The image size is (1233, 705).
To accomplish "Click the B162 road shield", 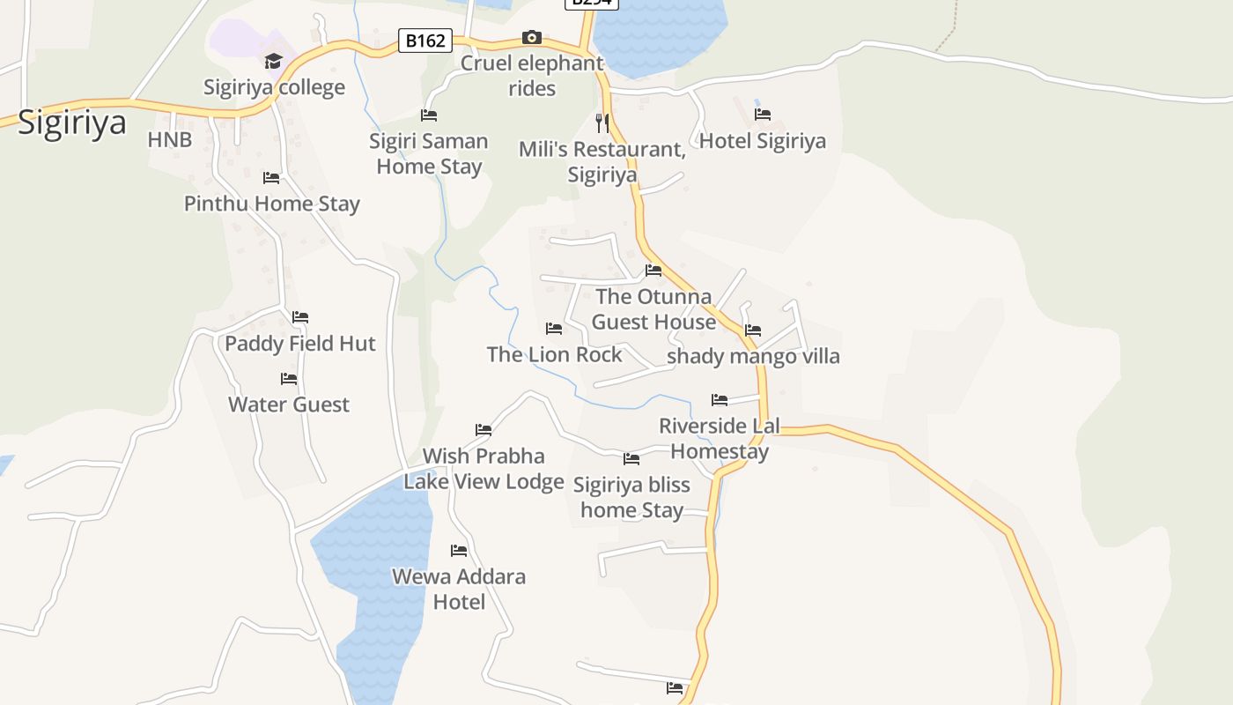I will click(x=425, y=41).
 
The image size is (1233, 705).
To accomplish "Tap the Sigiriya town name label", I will click(x=72, y=122).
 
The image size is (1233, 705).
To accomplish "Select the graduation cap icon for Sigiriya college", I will click(x=273, y=61).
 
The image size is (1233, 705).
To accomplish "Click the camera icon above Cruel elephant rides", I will click(x=531, y=37).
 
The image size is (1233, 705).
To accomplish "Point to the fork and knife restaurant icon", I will click(x=602, y=122).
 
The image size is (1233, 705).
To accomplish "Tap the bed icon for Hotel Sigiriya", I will click(x=763, y=115).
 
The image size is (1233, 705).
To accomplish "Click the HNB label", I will click(x=170, y=140).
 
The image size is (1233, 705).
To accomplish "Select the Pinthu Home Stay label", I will click(x=272, y=204).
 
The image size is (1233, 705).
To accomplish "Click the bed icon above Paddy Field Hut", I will click(x=300, y=317).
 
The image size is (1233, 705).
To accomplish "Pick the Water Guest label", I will click(x=289, y=404).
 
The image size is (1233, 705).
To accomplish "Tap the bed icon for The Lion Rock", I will click(x=554, y=329).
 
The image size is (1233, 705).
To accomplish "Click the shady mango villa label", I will click(x=753, y=357).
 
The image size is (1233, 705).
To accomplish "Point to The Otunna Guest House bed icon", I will click(x=653, y=271).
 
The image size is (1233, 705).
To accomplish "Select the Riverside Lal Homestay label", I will click(x=720, y=439).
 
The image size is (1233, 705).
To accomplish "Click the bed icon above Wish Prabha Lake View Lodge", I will click(x=484, y=430).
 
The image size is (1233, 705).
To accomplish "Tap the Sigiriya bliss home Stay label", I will click(x=631, y=497).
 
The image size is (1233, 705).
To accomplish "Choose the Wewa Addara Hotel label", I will click(x=459, y=589).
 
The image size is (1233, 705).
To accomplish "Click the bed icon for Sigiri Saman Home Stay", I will click(x=429, y=115).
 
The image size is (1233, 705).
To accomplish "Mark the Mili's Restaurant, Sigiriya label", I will click(x=602, y=161).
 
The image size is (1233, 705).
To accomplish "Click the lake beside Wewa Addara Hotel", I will click(x=374, y=564).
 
